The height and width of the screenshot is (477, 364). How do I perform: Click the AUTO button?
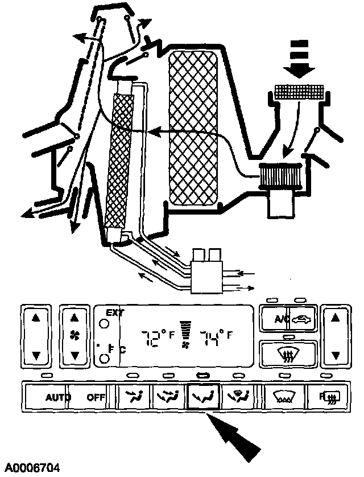pyautogui.click(x=59, y=397)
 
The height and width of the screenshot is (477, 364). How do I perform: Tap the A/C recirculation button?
pyautogui.click(x=288, y=319)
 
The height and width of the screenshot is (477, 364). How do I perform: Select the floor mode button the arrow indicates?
pyautogui.click(x=204, y=397)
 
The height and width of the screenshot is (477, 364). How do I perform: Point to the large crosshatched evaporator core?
pyautogui.click(x=194, y=128)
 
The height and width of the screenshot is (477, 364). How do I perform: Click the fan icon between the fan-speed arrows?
pyautogui.click(x=73, y=335)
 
